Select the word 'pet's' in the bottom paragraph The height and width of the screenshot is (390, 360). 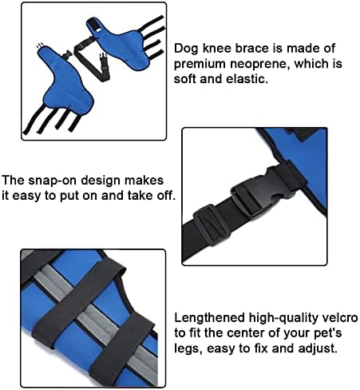click(328, 333)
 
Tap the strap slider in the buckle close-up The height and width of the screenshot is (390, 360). click(210, 222)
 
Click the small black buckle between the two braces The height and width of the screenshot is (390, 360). click(67, 54)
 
